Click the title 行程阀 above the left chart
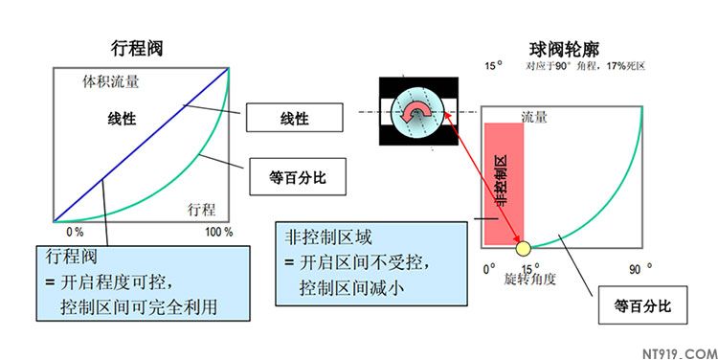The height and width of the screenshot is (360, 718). tap(137, 49)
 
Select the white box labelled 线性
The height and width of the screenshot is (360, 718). tap(294, 118)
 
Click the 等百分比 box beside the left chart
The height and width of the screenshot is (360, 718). tap(294, 176)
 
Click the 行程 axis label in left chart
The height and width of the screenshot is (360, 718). tap(201, 208)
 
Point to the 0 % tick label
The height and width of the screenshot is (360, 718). tap(75, 233)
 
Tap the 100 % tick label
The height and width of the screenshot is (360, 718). tap(219, 233)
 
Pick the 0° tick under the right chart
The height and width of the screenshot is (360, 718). tap(489, 268)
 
